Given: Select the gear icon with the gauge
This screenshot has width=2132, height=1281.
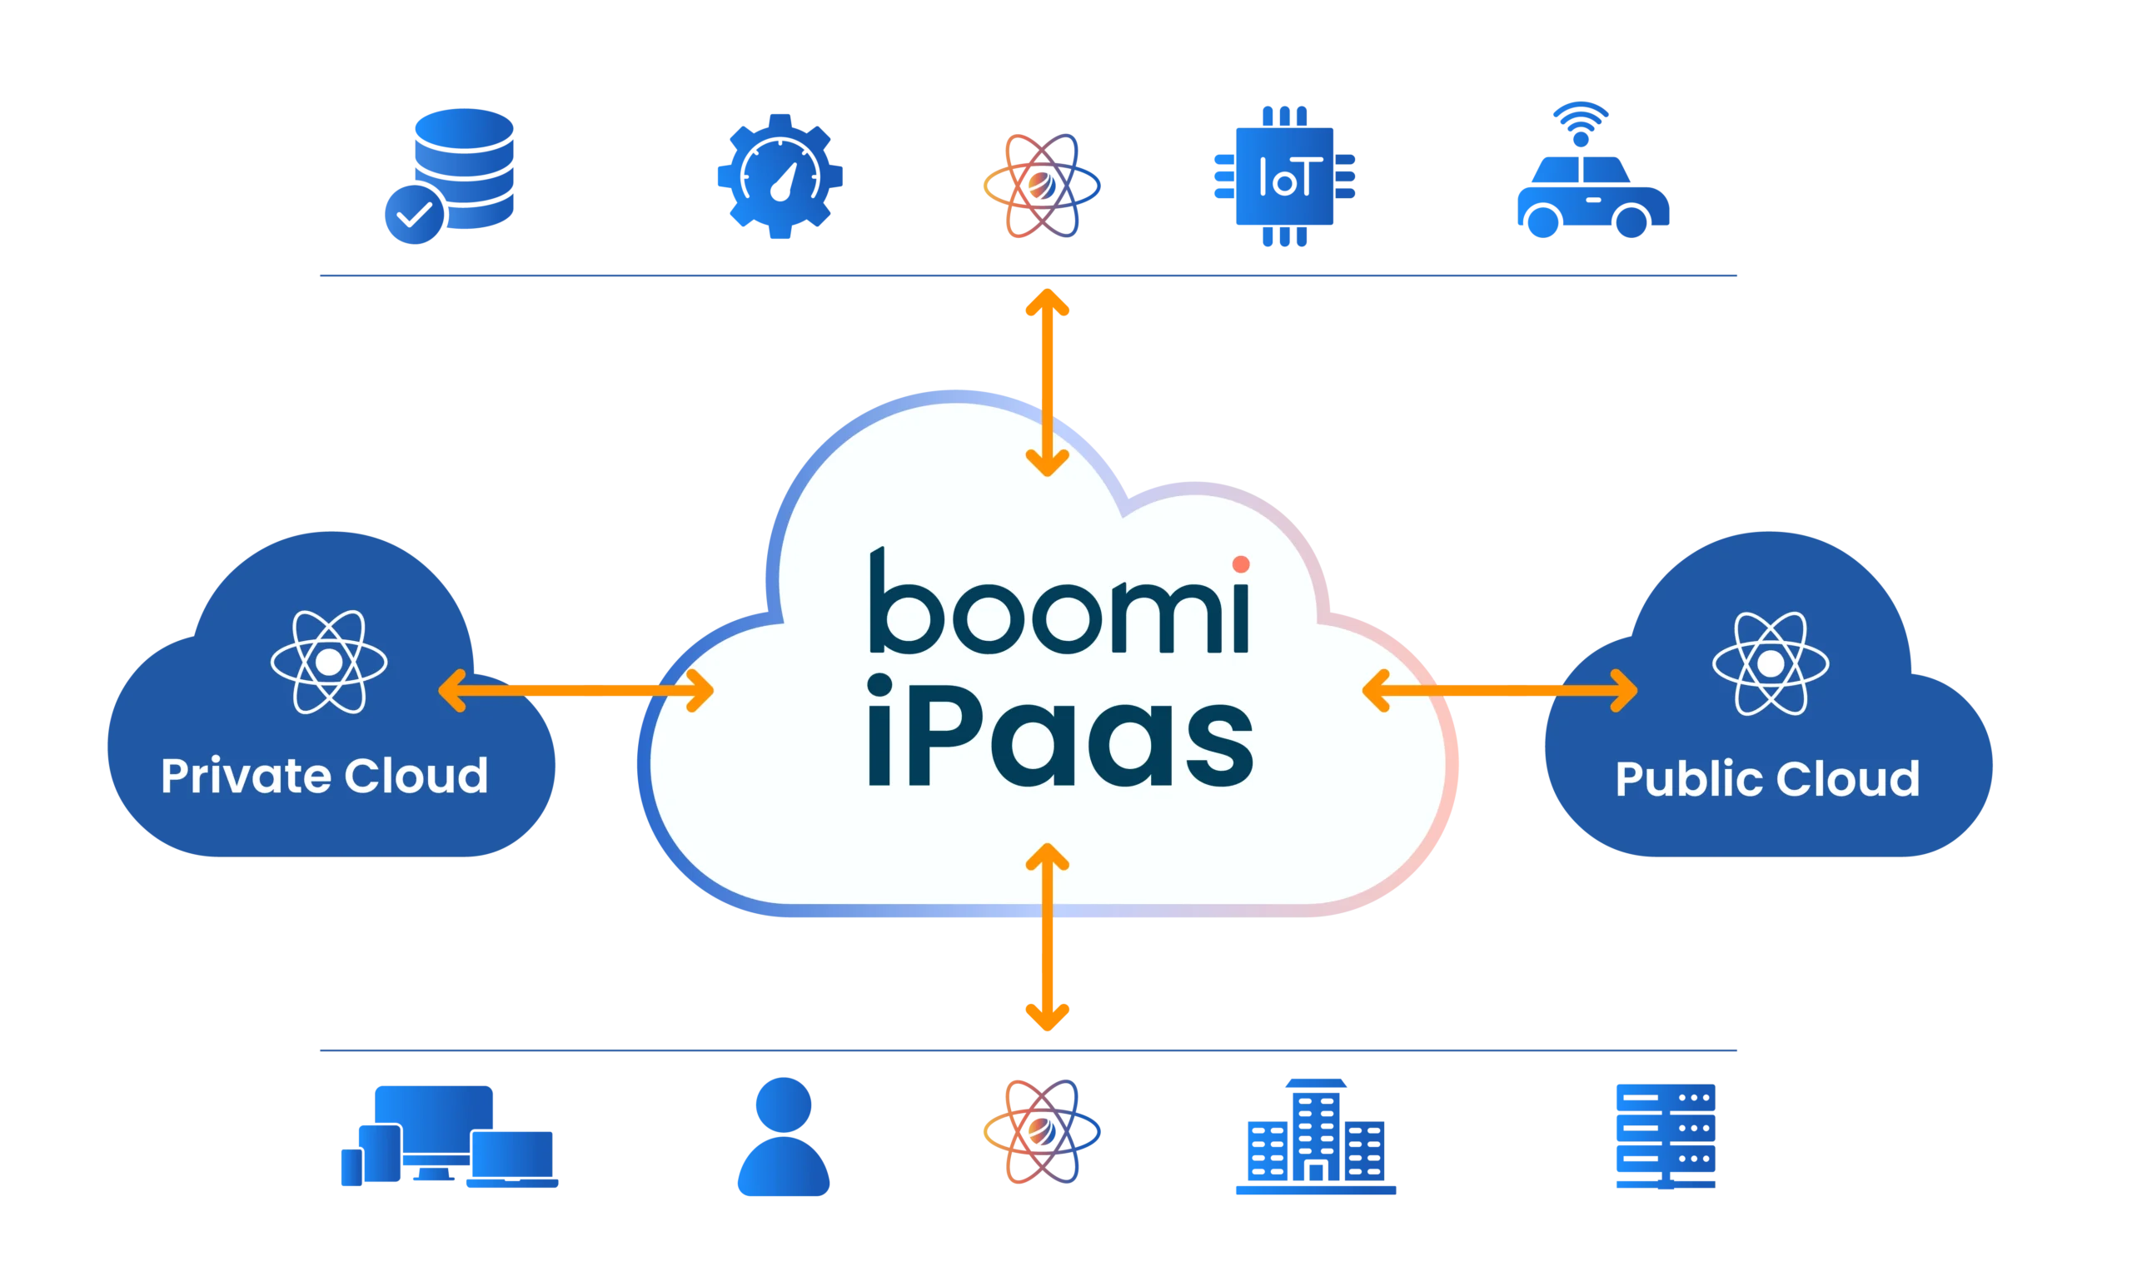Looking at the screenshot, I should pyautogui.click(x=779, y=176).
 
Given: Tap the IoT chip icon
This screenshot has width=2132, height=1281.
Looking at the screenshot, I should pyautogui.click(x=1284, y=176).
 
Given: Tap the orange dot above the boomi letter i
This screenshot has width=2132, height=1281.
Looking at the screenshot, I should pyautogui.click(x=1241, y=564).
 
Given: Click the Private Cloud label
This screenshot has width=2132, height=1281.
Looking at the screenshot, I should pyautogui.click(x=325, y=775).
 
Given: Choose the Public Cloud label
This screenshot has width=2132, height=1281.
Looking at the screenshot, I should pyautogui.click(x=1767, y=778).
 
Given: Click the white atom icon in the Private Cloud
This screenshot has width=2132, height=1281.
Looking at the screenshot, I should pyautogui.click(x=328, y=662).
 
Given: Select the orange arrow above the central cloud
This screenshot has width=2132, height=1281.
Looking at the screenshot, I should pyautogui.click(x=1048, y=382).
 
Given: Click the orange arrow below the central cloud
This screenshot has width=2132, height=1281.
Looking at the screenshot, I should pyautogui.click(x=1048, y=937).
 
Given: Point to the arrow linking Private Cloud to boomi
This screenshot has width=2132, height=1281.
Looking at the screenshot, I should pyautogui.click(x=576, y=691).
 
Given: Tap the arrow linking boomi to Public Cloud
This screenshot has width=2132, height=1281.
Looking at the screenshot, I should pyautogui.click(x=1500, y=691).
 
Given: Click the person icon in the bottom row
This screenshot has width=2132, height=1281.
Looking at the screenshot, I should pyautogui.click(x=783, y=1136).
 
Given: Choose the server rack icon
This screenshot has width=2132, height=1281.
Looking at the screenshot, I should pyautogui.click(x=1665, y=1135).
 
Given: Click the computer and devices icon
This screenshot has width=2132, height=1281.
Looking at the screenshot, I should pyautogui.click(x=448, y=1138).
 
